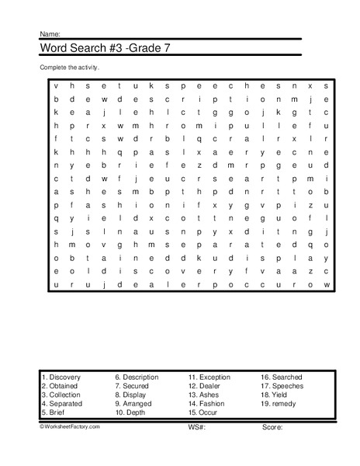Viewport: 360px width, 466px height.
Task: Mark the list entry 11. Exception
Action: (x=209, y=377)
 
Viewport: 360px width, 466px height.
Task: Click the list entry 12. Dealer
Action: (x=204, y=386)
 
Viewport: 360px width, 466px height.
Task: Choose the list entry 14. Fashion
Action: (x=206, y=405)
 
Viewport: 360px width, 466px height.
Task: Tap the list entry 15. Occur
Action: (x=202, y=414)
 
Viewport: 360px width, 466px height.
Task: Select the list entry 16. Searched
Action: (x=282, y=377)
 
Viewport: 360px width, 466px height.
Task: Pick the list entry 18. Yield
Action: (x=275, y=395)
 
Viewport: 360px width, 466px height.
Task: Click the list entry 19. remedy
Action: (x=279, y=405)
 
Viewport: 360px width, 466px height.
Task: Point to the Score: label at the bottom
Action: (x=272, y=426)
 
